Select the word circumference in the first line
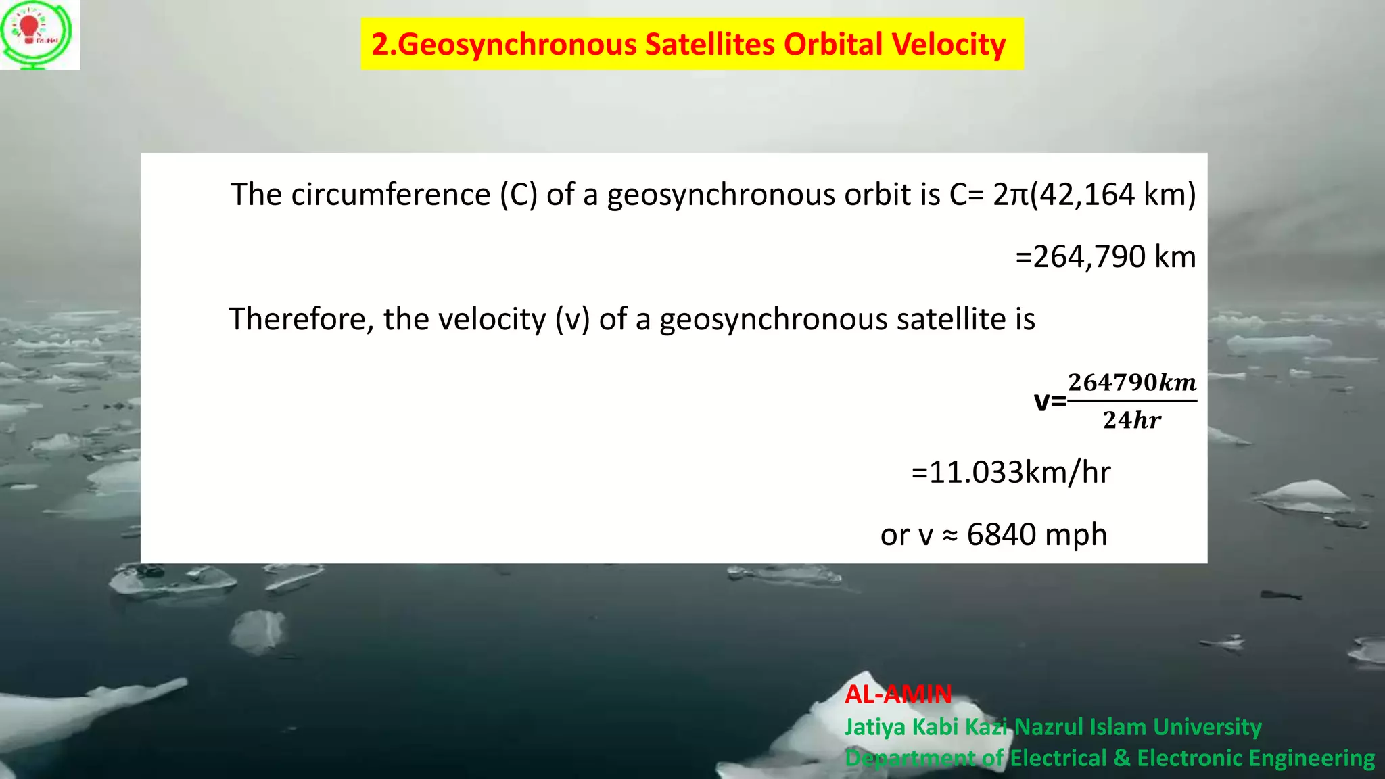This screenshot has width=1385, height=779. click(x=390, y=195)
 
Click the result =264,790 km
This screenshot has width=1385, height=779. click(x=1105, y=257)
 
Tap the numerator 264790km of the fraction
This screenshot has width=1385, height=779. click(x=1131, y=382)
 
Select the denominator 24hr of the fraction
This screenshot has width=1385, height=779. click(x=1131, y=420)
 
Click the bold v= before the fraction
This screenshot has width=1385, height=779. click(x=1050, y=401)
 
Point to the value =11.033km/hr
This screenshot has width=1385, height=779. click(x=1010, y=472)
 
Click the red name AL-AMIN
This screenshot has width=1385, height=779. click(x=898, y=694)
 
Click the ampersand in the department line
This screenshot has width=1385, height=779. click(x=1122, y=758)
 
